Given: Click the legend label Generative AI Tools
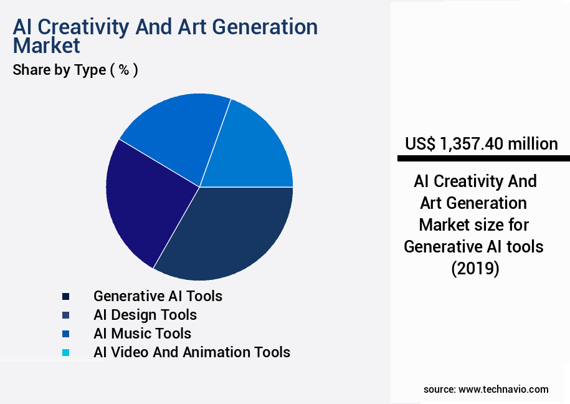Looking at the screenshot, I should tap(158, 296).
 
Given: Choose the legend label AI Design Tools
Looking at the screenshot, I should tap(145, 315).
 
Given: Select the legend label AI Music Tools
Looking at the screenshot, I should tap(142, 334).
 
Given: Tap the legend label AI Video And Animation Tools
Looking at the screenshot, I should tap(192, 352).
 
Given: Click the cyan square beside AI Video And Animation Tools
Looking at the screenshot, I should tap(65, 353).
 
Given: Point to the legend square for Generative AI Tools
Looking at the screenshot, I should tap(65, 296).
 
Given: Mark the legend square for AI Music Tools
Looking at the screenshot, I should tap(65, 334).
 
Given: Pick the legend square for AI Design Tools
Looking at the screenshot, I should tap(65, 315).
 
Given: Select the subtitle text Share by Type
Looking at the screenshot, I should tap(59, 70).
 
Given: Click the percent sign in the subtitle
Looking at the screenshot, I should tap(124, 70).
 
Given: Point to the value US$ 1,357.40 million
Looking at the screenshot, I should tap(481, 144).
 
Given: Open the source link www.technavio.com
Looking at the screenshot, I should tap(503, 389).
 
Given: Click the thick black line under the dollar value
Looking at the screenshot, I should tap(483, 159).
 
